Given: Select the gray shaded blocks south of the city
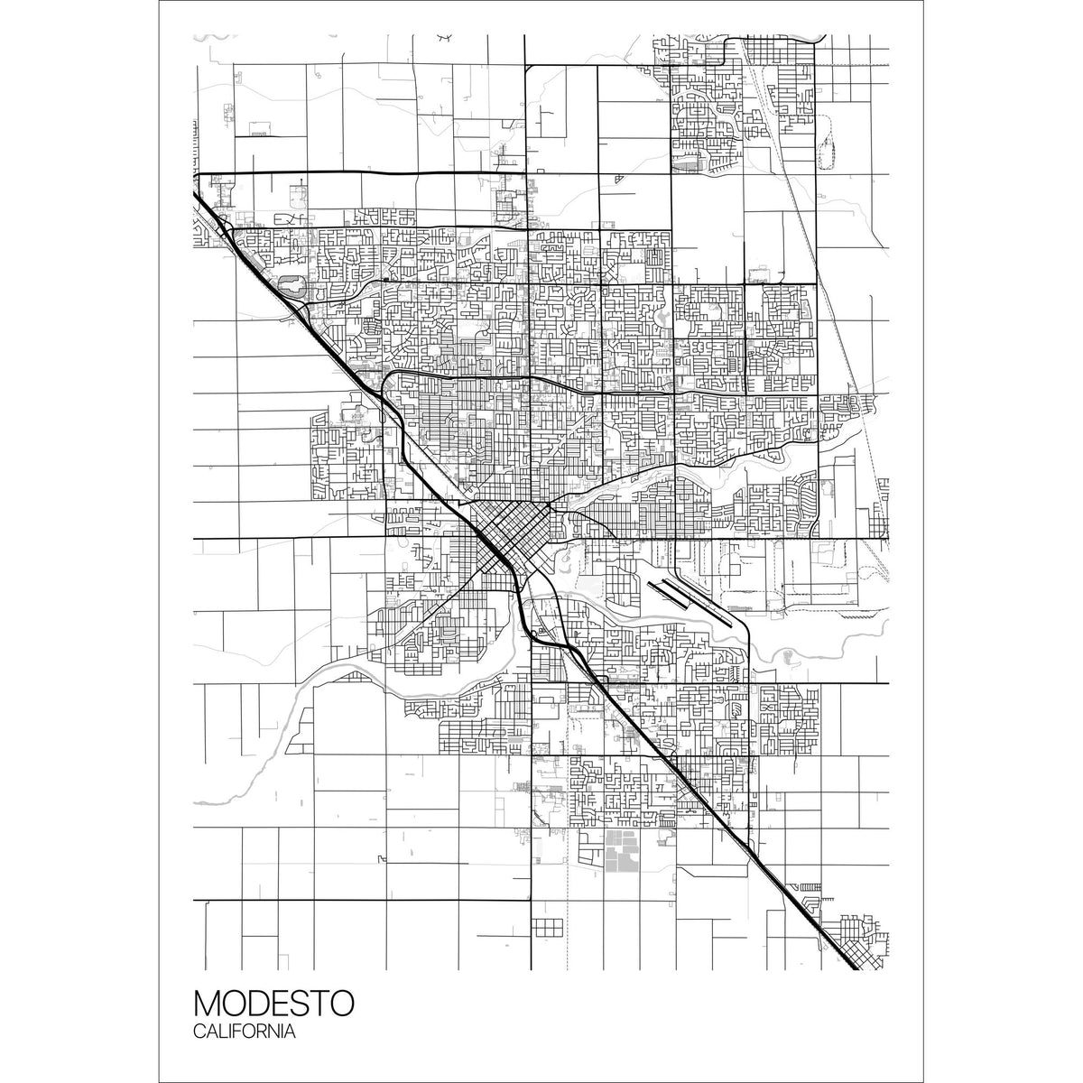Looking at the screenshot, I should (x=619, y=851).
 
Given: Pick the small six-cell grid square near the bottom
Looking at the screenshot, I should (x=547, y=928).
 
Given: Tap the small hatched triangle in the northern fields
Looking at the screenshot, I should (x=619, y=178).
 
